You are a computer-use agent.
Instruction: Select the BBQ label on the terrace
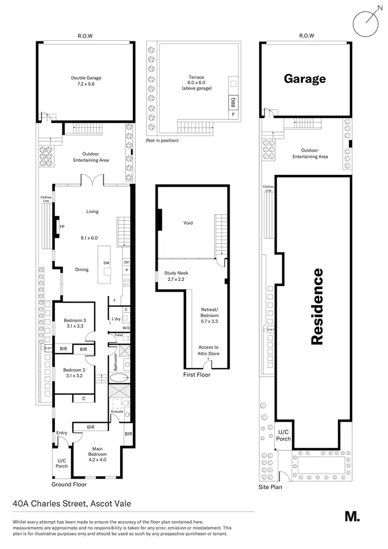pyautogui.click(x=233, y=101)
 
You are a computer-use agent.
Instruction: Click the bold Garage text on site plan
pyautogui.click(x=304, y=79)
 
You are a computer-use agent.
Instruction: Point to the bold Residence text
pyautogui.click(x=317, y=306)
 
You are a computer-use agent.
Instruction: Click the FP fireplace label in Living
pyautogui.click(x=62, y=227)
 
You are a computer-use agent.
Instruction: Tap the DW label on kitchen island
pyautogui.click(x=106, y=263)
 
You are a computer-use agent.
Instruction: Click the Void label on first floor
pyautogui.click(x=188, y=223)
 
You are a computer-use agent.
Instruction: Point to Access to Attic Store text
pyautogui.click(x=208, y=350)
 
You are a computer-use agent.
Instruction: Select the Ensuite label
pyautogui.click(x=117, y=412)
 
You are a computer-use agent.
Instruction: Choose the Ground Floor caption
pyautogui.click(x=69, y=485)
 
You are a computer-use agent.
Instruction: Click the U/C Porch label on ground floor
pyautogui.click(x=62, y=463)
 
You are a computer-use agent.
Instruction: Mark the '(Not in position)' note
pyautogui.click(x=162, y=140)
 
